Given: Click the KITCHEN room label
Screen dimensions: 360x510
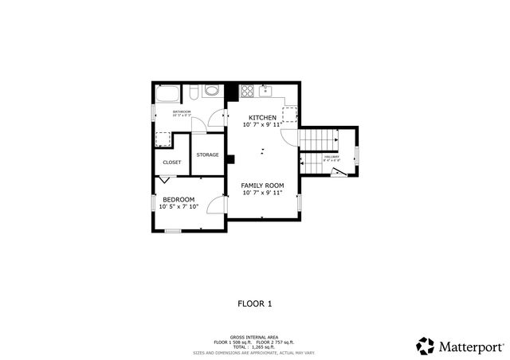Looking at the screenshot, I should pos(263,118).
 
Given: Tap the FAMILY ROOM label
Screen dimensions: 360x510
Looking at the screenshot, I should pos(263,185).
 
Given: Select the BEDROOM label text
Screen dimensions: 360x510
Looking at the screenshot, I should pos(178,199).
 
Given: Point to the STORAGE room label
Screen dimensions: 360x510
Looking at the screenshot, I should pos(208,155).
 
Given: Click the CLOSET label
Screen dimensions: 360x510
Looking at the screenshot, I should pos(172,162).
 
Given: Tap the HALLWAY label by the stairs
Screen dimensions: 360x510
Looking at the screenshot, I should pos(331,156).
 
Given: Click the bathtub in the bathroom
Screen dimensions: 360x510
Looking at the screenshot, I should pos(169,93).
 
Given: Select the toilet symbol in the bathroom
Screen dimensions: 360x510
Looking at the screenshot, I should pos(211,91).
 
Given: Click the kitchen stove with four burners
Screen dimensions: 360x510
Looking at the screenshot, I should pos(248,90).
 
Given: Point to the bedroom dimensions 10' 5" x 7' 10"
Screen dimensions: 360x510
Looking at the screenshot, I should pos(178,207).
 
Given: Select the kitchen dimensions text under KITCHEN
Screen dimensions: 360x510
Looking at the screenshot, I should pos(263,125).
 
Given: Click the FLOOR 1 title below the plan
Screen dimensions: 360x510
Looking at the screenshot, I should pos(255,303).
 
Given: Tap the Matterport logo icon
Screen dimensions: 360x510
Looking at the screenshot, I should pos(426,346).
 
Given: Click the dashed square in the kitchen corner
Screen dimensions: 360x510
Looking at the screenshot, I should pos(289,114).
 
